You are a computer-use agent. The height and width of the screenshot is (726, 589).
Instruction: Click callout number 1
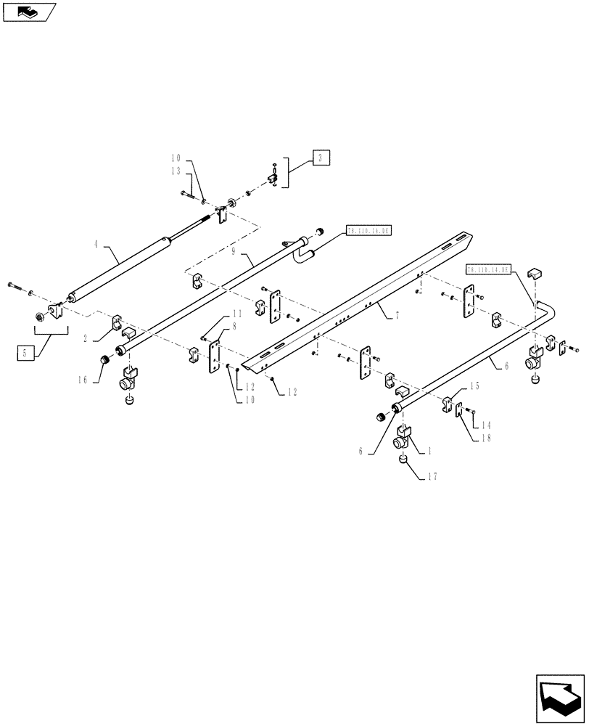pyautogui.click(x=429, y=450)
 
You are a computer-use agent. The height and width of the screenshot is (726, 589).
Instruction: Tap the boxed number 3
pyautogui.click(x=322, y=157)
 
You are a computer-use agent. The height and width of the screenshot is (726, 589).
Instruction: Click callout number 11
pyautogui.click(x=236, y=314)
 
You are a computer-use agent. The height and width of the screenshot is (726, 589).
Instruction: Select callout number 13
pyautogui.click(x=176, y=171)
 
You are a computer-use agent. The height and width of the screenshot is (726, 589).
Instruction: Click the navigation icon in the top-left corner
pyautogui.click(x=28, y=12)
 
